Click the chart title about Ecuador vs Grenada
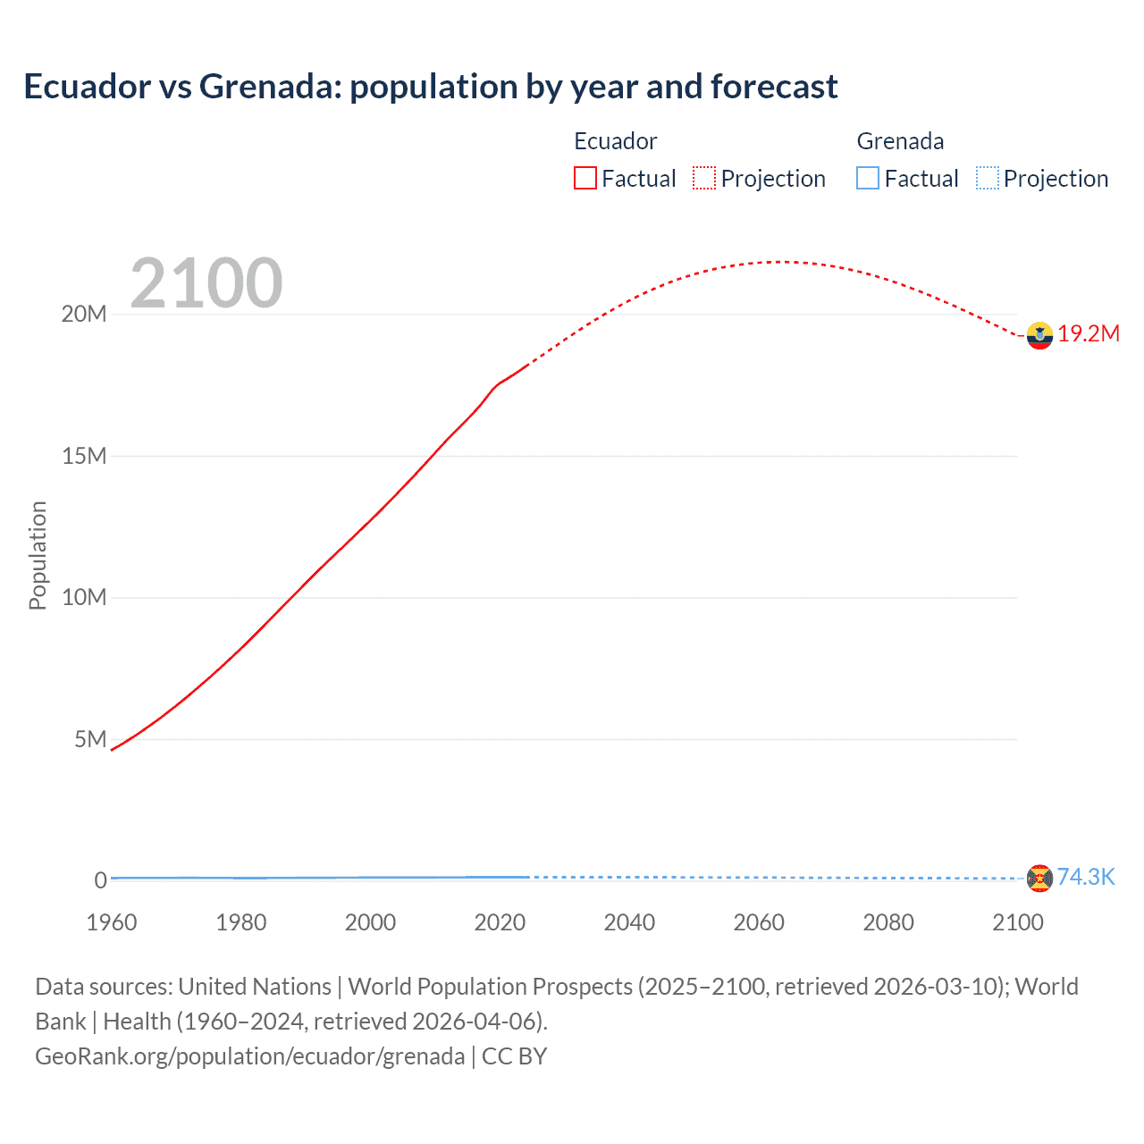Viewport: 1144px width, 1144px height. tap(430, 87)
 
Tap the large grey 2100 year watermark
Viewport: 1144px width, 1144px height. tap(206, 283)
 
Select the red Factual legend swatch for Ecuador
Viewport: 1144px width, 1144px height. tap(585, 179)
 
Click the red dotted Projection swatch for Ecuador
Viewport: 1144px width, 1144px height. tap(703, 179)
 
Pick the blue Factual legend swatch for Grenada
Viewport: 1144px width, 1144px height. tap(867, 179)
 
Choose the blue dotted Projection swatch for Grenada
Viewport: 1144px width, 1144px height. tap(987, 179)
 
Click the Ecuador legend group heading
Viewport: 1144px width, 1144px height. tap(615, 141)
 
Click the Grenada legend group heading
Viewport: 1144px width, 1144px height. tap(900, 141)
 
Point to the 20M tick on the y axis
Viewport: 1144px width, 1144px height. tap(84, 315)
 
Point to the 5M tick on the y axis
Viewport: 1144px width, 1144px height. tap(90, 739)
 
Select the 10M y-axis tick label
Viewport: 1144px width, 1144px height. tap(84, 598)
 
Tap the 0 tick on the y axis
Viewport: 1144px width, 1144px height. tap(100, 880)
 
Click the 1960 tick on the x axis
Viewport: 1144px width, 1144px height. tap(112, 922)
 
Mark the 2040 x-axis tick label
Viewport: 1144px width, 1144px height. tap(629, 922)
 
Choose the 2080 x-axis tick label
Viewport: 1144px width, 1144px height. tap(888, 922)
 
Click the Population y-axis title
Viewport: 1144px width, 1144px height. tap(38, 555)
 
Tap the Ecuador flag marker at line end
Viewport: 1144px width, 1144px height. tap(1039, 335)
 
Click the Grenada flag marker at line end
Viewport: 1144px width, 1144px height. tap(1039, 878)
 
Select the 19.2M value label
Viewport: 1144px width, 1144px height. tap(1089, 334)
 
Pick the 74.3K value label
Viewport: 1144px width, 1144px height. tap(1086, 877)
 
